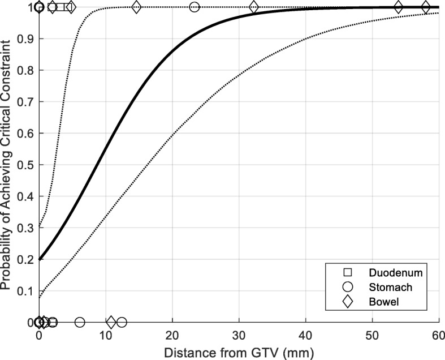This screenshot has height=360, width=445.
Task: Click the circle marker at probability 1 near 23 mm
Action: [x=195, y=7]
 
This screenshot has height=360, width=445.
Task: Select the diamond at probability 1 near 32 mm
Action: [x=254, y=7]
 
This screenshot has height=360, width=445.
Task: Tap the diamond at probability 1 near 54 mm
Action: [x=399, y=7]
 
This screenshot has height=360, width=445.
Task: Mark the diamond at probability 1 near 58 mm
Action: [x=426, y=7]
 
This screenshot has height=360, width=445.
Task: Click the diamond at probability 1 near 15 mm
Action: [x=136, y=7]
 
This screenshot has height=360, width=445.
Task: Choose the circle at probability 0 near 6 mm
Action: [x=80, y=322]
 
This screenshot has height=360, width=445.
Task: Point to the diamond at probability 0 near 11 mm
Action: [x=111, y=322]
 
